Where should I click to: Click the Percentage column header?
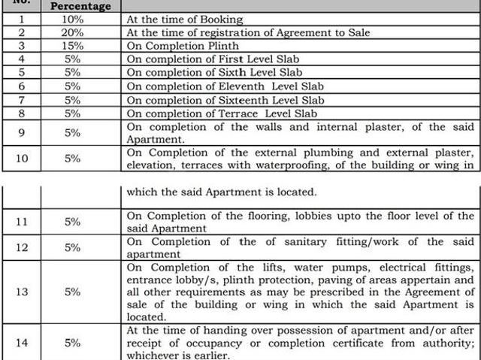(80, 6)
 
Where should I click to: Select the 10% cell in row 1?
(73, 20)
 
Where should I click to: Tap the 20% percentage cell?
(73, 32)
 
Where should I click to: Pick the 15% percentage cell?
(73, 46)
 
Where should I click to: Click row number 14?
(22, 343)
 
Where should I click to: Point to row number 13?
(22, 292)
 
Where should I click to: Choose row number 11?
(22, 222)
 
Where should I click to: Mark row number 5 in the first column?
(22, 73)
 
